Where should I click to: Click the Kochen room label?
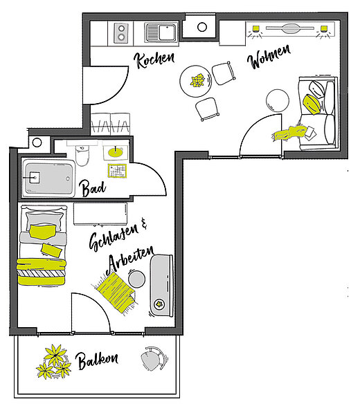click(154, 59)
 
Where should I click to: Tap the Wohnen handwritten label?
click(269, 57)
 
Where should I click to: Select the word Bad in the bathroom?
click(93, 188)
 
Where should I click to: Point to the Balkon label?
click(97, 360)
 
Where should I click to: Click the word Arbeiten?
click(130, 261)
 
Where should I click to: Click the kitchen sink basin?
click(161, 33)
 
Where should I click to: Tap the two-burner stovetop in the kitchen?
click(121, 33)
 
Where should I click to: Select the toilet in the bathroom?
click(82, 155)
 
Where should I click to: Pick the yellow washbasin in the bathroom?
click(116, 152)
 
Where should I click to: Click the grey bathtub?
click(48, 178)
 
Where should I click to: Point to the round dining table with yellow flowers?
click(196, 81)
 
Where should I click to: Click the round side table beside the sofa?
click(278, 100)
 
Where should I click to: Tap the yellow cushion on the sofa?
click(312, 104)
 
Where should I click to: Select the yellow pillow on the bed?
click(42, 231)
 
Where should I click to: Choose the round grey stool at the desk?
click(136, 279)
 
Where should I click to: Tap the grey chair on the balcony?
click(154, 358)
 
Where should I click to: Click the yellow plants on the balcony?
click(53, 361)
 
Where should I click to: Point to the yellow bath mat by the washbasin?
click(118, 171)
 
